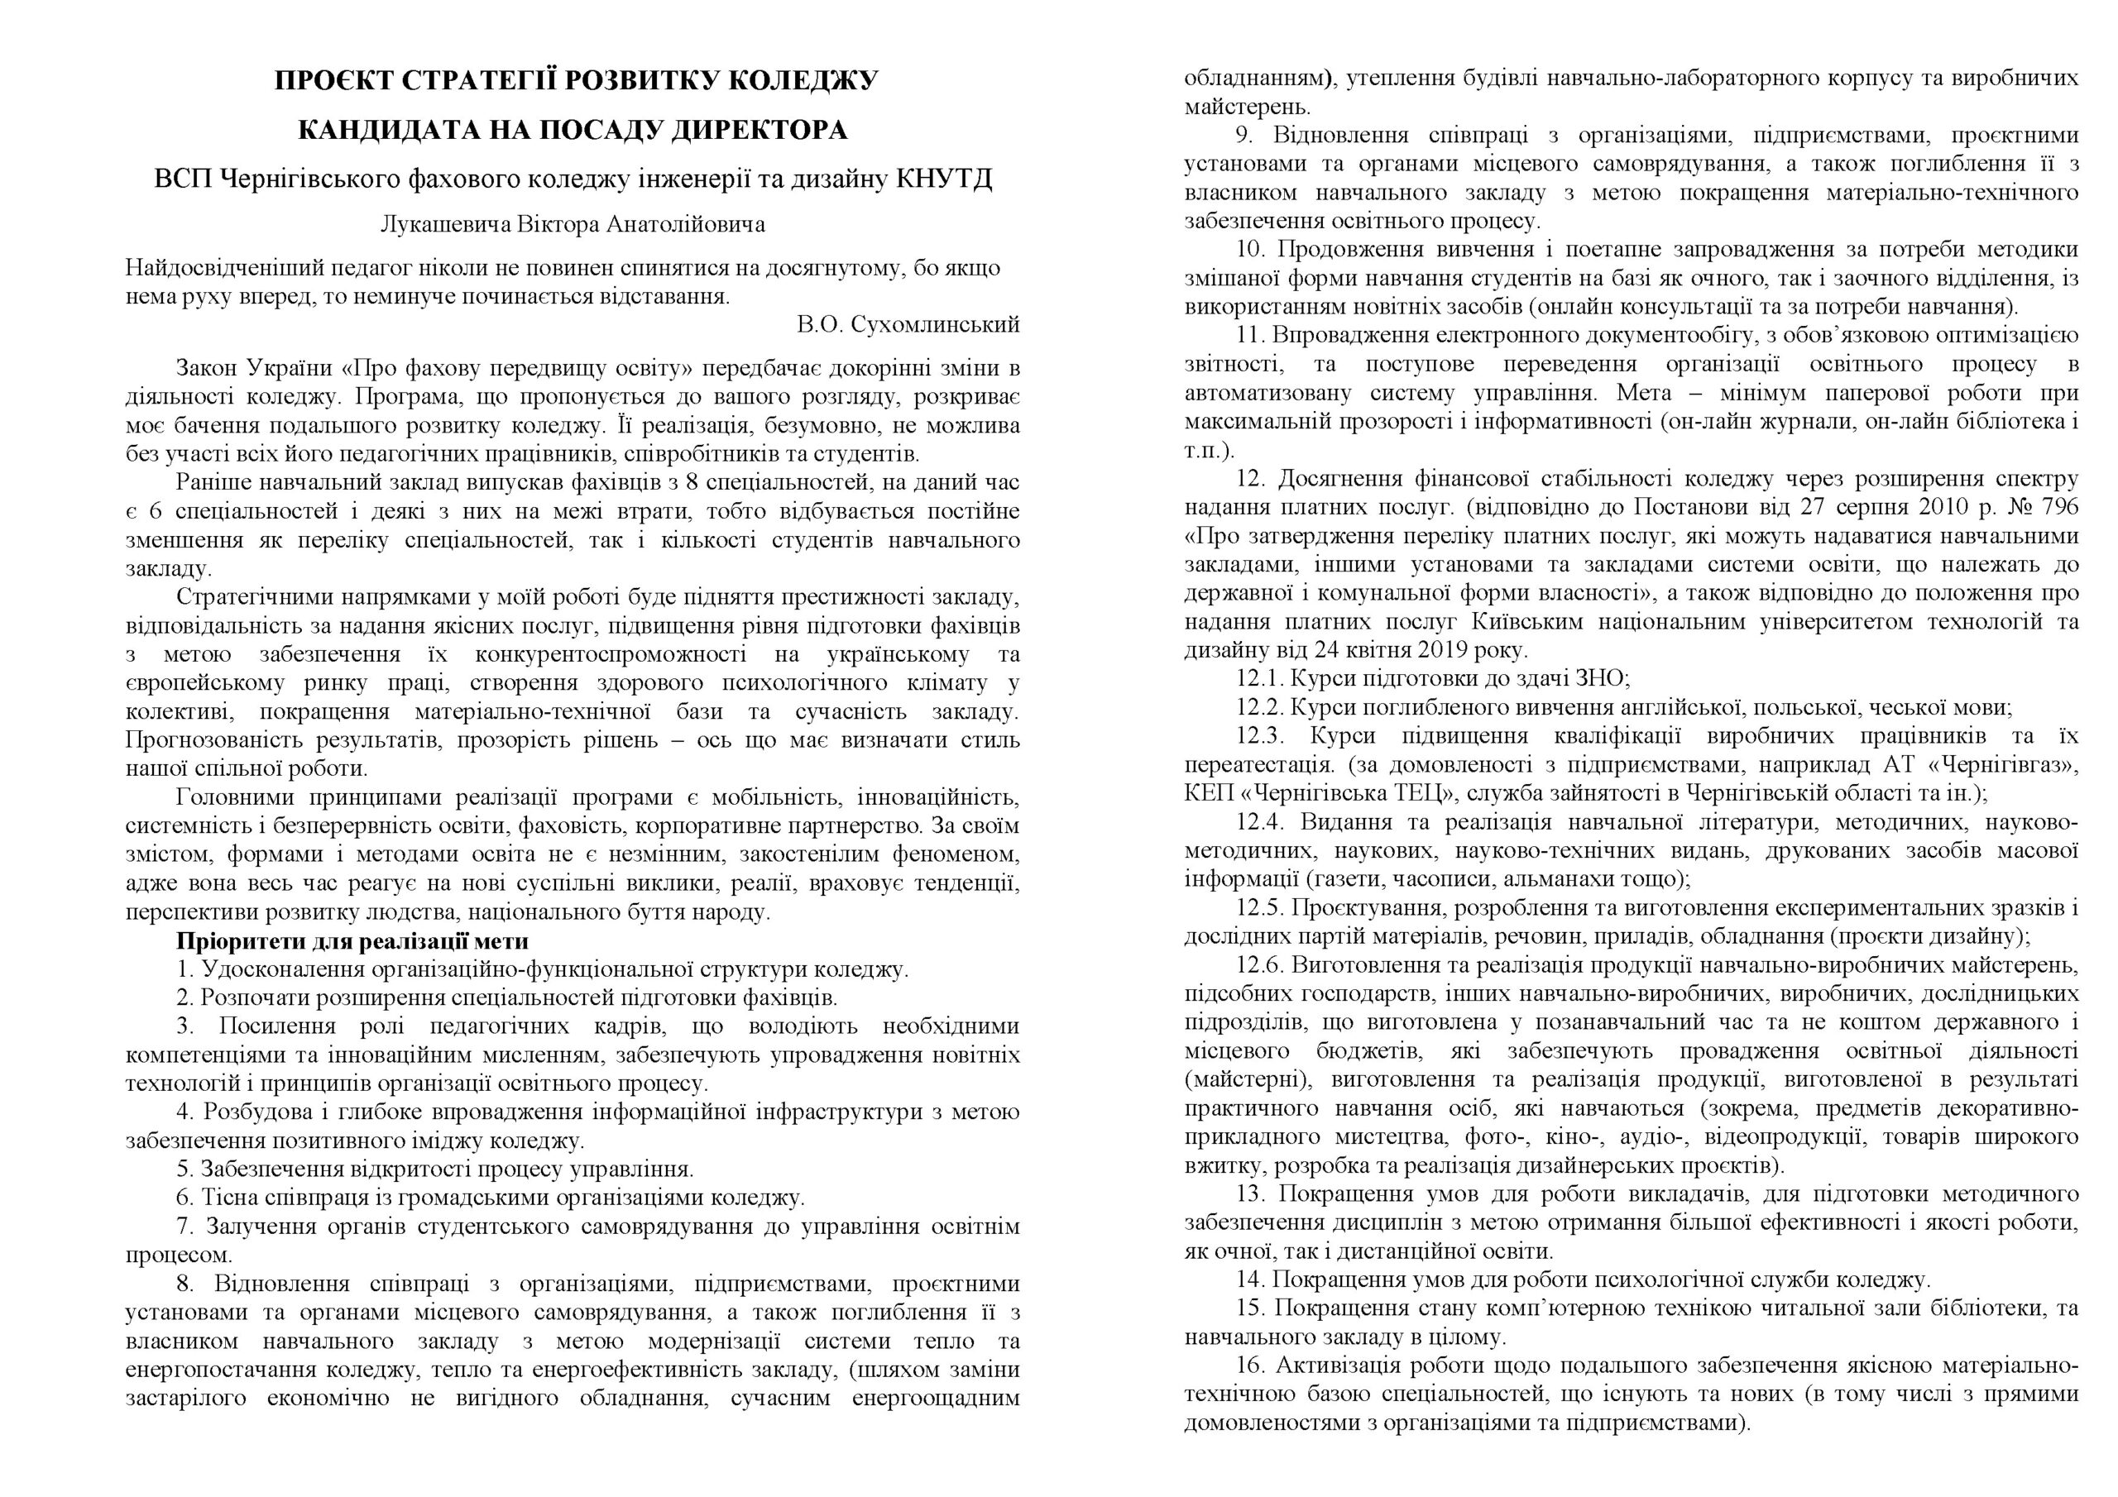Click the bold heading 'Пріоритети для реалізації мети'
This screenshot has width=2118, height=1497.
click(x=352, y=942)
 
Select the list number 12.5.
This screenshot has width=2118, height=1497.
click(x=1260, y=907)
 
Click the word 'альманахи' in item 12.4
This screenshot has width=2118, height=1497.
click(x=1548, y=879)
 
